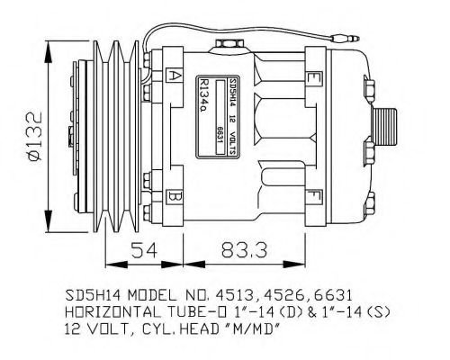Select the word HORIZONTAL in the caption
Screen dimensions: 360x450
pos(106,312)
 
